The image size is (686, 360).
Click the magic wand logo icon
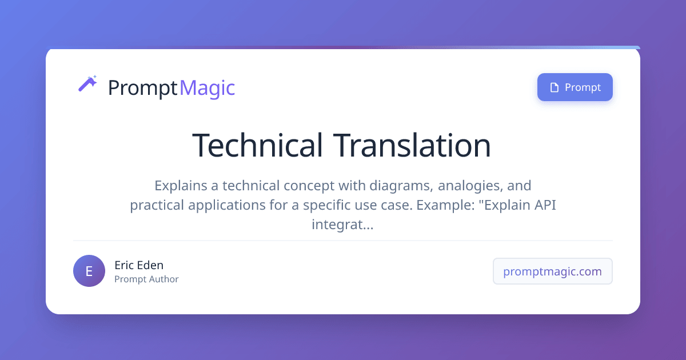tap(87, 84)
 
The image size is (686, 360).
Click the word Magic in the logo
tap(207, 88)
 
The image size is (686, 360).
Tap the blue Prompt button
tap(575, 87)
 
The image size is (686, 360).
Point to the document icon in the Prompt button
tap(553, 87)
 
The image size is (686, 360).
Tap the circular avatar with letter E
tap(89, 271)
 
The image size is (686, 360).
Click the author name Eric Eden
tap(139, 265)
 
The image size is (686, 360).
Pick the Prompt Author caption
tap(146, 279)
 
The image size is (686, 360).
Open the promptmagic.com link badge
tap(552, 271)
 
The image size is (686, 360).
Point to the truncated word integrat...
tap(342, 225)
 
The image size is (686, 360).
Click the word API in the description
tap(544, 205)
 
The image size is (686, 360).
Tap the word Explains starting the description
tap(180, 186)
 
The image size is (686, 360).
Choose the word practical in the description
tap(157, 205)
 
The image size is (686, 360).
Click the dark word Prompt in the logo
tap(142, 88)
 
